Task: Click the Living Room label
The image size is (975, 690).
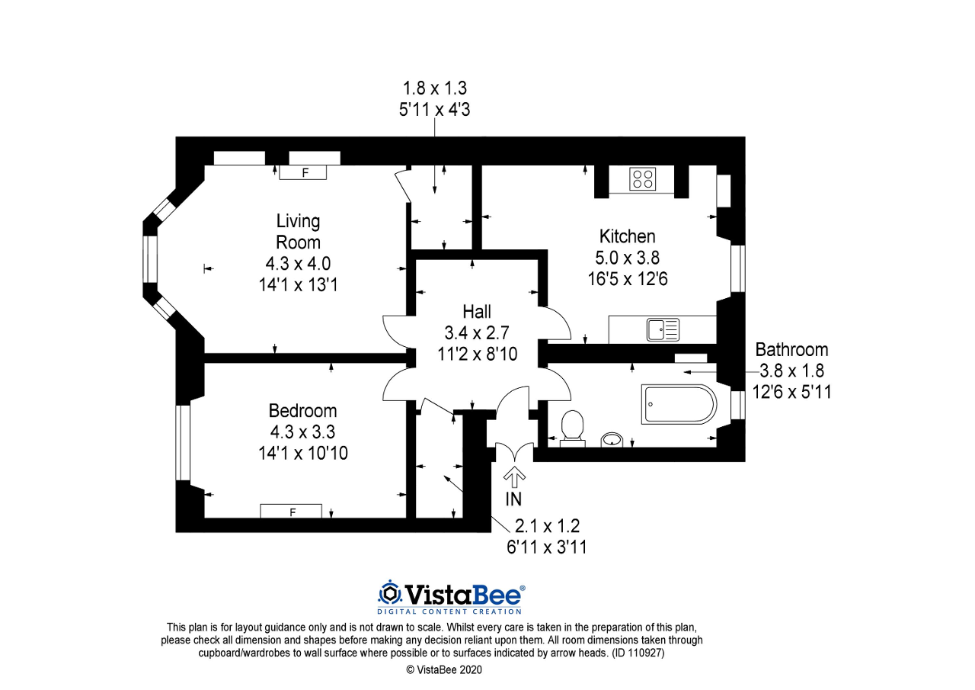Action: pyautogui.click(x=298, y=231)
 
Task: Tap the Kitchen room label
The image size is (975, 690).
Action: pyautogui.click(x=627, y=236)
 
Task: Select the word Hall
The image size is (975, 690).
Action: pyautogui.click(x=477, y=312)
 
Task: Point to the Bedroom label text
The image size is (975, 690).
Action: pyautogui.click(x=302, y=411)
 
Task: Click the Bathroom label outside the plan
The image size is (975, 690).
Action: pyautogui.click(x=791, y=350)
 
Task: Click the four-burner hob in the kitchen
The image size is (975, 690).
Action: pyautogui.click(x=642, y=179)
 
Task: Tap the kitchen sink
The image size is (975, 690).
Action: pyautogui.click(x=663, y=329)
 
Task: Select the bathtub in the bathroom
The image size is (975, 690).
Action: pyautogui.click(x=679, y=404)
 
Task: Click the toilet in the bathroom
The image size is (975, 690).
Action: pyautogui.click(x=572, y=429)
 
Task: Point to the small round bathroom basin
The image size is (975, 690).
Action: pyautogui.click(x=612, y=440)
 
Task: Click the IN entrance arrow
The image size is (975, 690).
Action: pyautogui.click(x=514, y=477)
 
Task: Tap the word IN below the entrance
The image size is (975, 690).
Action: pyautogui.click(x=513, y=499)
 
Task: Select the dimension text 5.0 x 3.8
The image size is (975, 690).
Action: pyautogui.click(x=627, y=258)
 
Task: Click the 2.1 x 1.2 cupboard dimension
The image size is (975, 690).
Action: pyautogui.click(x=547, y=526)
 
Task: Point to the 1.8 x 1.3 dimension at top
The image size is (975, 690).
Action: pyautogui.click(x=434, y=88)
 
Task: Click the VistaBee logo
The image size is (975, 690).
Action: pyautogui.click(x=451, y=597)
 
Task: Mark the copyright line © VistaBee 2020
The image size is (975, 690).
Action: pyautogui.click(x=444, y=669)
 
